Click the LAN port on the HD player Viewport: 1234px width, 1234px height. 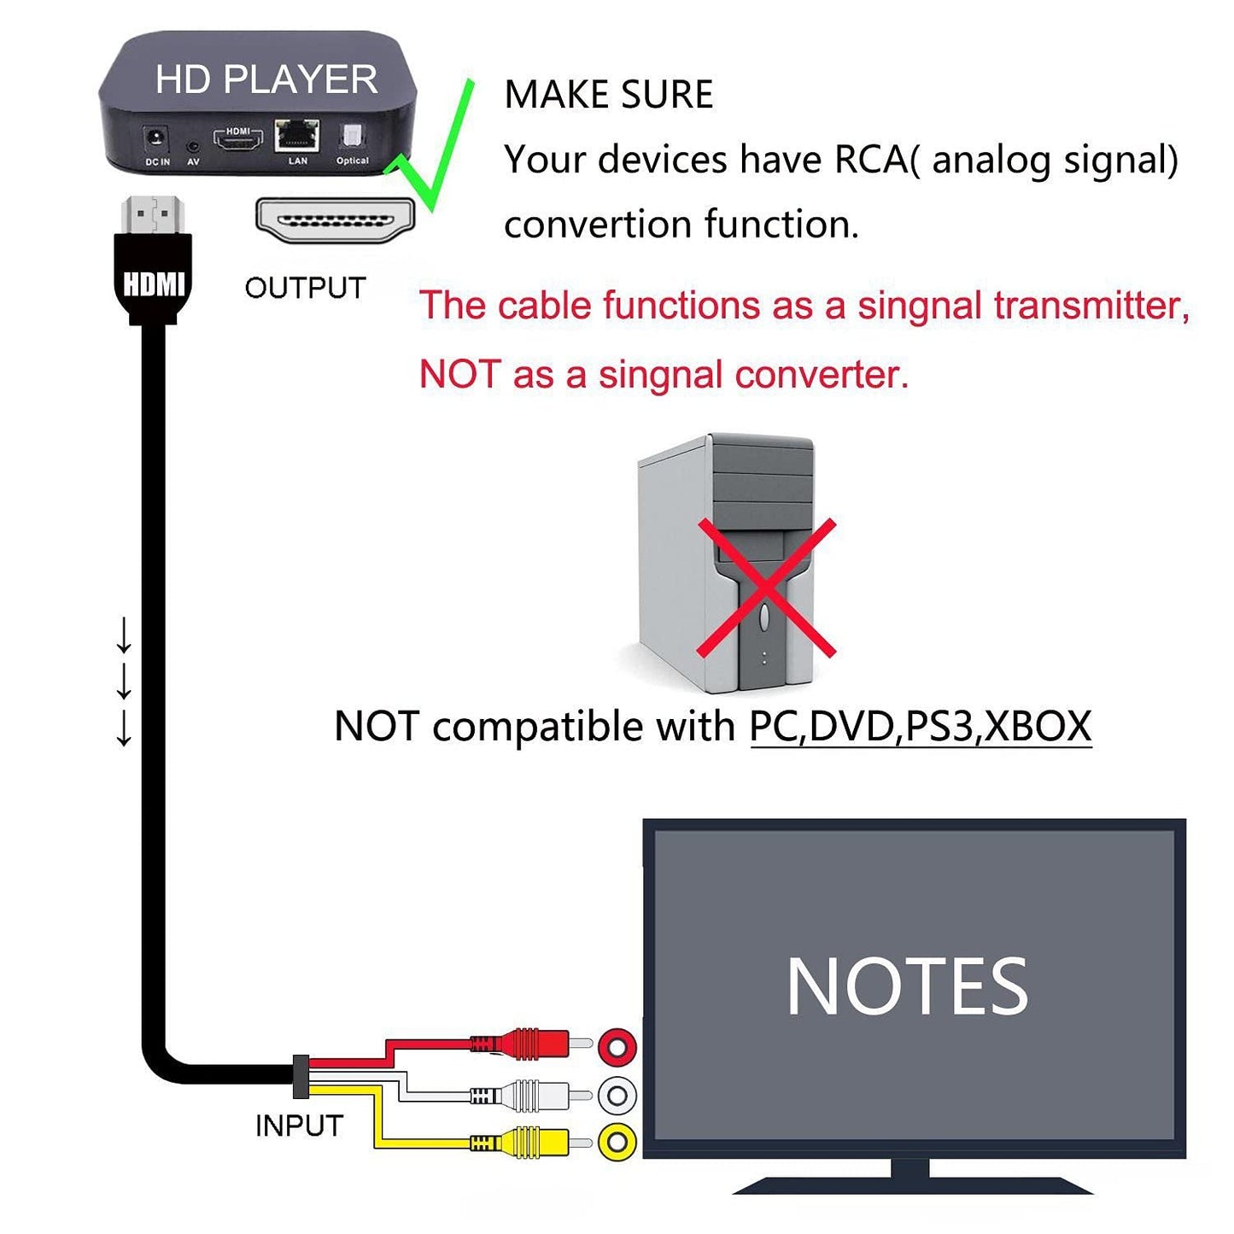pos(296,135)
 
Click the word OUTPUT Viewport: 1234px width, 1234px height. pos(305,288)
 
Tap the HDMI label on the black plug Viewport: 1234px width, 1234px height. pos(153,284)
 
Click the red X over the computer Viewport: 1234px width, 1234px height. pos(766,588)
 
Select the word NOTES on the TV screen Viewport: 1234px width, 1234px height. pos(906,987)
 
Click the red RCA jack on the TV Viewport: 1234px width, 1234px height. pos(617,1046)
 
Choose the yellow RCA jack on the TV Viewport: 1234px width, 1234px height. pos(617,1143)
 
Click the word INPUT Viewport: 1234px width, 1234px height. pos(299,1126)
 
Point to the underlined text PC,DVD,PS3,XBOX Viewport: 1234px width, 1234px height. pos(920,727)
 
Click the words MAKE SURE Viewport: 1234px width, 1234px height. pos(608,94)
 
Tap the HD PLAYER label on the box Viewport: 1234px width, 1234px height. pos(266,79)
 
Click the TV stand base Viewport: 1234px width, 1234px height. pos(912,1184)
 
